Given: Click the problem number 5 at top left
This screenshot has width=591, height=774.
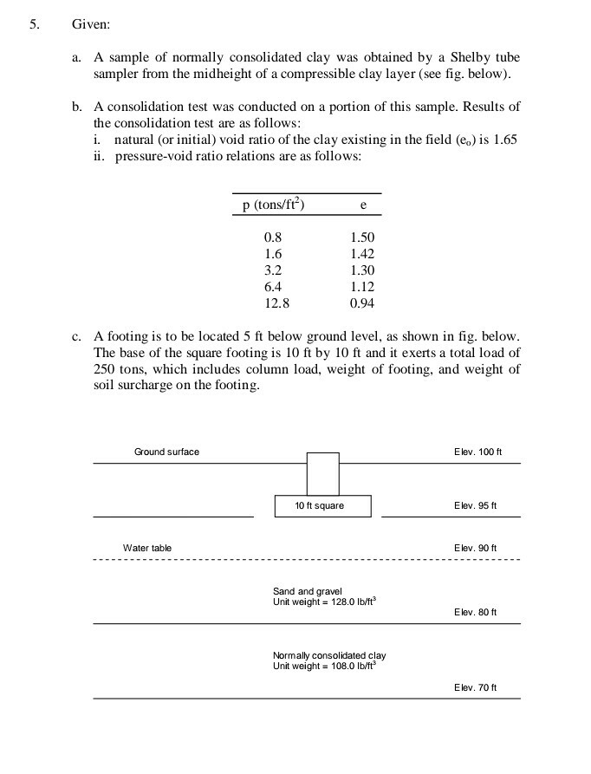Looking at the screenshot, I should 33,24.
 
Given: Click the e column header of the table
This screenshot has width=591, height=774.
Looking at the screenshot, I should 362,205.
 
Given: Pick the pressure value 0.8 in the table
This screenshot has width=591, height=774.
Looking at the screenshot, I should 272,237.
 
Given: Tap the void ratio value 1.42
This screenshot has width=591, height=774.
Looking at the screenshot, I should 362,254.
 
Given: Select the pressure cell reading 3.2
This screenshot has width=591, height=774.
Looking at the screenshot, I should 272,270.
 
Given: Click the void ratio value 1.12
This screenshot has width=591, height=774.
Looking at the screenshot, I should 362,287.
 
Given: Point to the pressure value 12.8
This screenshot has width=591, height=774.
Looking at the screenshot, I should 275,303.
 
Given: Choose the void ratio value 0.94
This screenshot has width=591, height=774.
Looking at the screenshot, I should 362,303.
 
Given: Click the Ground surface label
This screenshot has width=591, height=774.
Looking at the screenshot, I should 166,452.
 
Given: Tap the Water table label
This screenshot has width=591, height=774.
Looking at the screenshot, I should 147,548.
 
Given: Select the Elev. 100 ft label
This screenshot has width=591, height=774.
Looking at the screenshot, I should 477,452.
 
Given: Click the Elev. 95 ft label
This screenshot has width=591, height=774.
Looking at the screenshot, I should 475,505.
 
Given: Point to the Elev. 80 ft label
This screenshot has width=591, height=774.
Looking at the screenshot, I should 475,612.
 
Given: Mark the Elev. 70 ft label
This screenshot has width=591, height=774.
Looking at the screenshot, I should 475,687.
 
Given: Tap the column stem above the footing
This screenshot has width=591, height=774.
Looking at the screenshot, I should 322,473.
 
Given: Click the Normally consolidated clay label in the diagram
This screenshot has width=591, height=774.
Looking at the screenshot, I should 328,656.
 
